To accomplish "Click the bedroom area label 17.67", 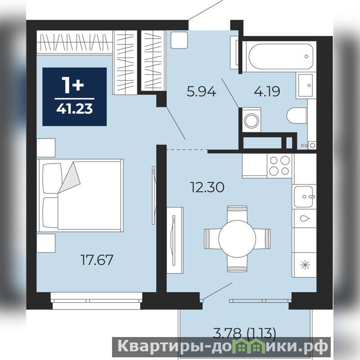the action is point(97,260).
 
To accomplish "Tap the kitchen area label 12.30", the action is point(207,187).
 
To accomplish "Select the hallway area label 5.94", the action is point(201,91).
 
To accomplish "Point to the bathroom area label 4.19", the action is point(267,91).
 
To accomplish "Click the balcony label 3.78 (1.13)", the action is point(244,333).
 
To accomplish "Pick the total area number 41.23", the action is point(75,108).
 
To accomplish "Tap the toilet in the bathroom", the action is point(297,115).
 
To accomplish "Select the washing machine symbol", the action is point(252,120).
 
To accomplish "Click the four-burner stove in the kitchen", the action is point(279,166).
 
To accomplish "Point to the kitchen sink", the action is point(304,197).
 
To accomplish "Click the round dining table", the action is point(237,239).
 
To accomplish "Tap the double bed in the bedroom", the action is point(80,195).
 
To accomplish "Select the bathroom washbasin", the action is point(306,85).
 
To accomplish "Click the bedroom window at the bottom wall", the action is point(96,301).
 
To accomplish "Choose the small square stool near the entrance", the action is point(179,40).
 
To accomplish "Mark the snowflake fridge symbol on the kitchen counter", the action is point(305,265).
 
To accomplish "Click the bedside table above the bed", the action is point(46,148).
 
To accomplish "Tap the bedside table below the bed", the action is point(46,243).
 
